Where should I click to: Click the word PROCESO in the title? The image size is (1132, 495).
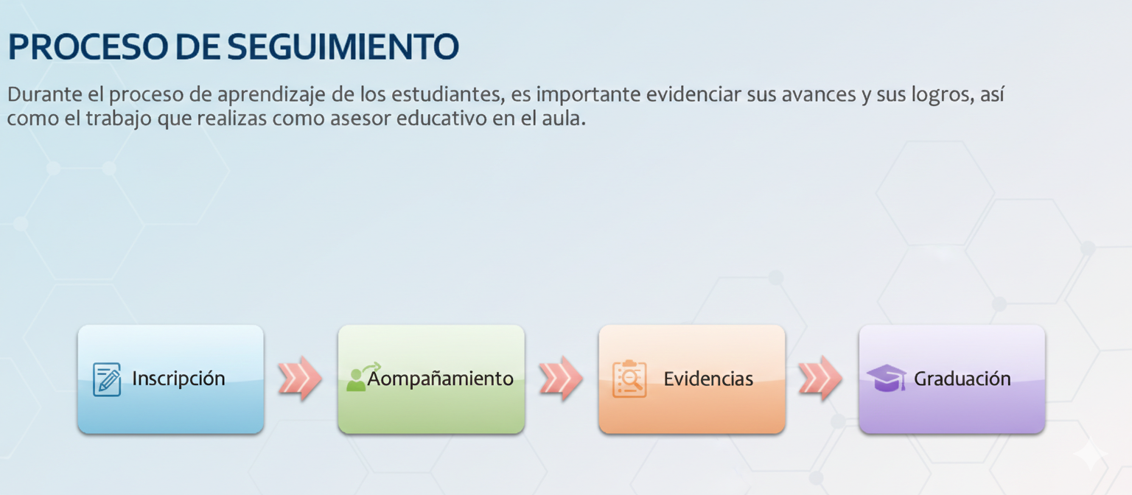pos(88,47)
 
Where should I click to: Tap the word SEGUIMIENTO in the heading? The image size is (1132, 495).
pos(343,47)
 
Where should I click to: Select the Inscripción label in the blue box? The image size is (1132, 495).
pos(178,379)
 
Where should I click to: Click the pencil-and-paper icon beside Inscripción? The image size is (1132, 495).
pos(107,379)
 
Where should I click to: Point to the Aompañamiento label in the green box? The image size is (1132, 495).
pos(440,379)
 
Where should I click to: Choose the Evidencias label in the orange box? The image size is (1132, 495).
pos(708,379)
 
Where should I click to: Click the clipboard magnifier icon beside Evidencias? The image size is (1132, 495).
pos(629,379)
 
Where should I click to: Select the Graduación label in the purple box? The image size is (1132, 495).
pos(962,379)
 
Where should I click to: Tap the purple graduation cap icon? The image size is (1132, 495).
pos(887,378)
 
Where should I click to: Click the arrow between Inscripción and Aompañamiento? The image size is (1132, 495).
pos(300,379)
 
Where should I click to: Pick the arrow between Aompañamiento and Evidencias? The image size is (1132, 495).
pos(561,379)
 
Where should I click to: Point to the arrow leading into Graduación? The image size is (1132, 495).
pos(821,379)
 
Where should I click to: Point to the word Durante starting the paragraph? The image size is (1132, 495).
pos(44,94)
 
